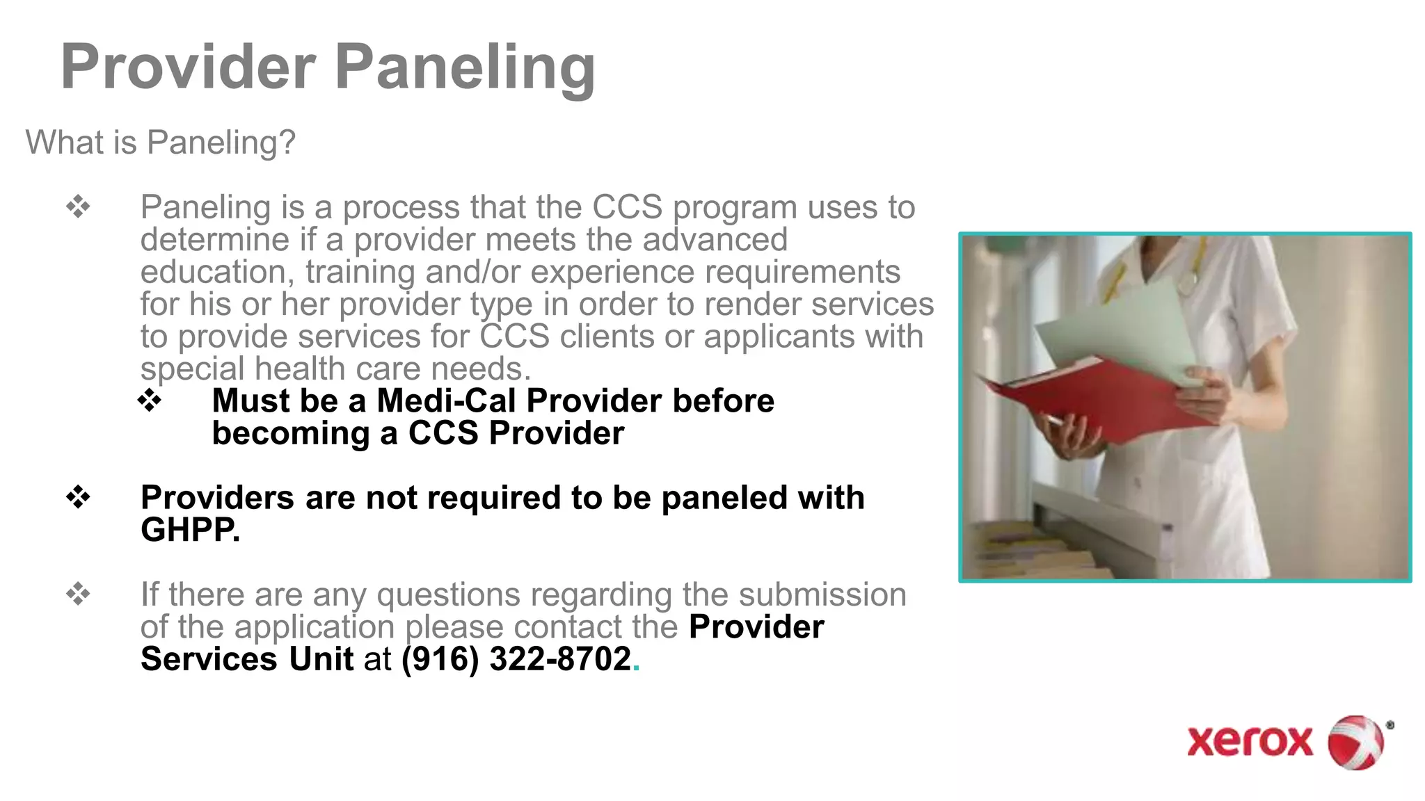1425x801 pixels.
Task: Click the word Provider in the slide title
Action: click(x=188, y=67)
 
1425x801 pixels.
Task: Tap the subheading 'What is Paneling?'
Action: click(x=161, y=143)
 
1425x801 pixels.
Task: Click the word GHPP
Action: click(x=190, y=531)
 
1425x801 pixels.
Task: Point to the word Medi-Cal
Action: click(x=446, y=401)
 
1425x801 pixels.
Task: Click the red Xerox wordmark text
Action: click(x=1250, y=742)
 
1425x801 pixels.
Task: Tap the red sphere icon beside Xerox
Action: click(x=1355, y=742)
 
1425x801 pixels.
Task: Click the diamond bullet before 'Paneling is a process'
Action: click(x=78, y=207)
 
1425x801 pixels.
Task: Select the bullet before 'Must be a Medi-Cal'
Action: click(x=150, y=400)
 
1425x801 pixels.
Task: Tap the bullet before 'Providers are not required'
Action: click(x=78, y=497)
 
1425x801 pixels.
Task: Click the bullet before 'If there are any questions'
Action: click(x=78, y=594)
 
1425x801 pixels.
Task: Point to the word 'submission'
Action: click(x=822, y=595)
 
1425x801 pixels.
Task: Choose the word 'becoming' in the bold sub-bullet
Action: click(x=291, y=434)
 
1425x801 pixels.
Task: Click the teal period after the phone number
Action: click(x=636, y=668)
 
